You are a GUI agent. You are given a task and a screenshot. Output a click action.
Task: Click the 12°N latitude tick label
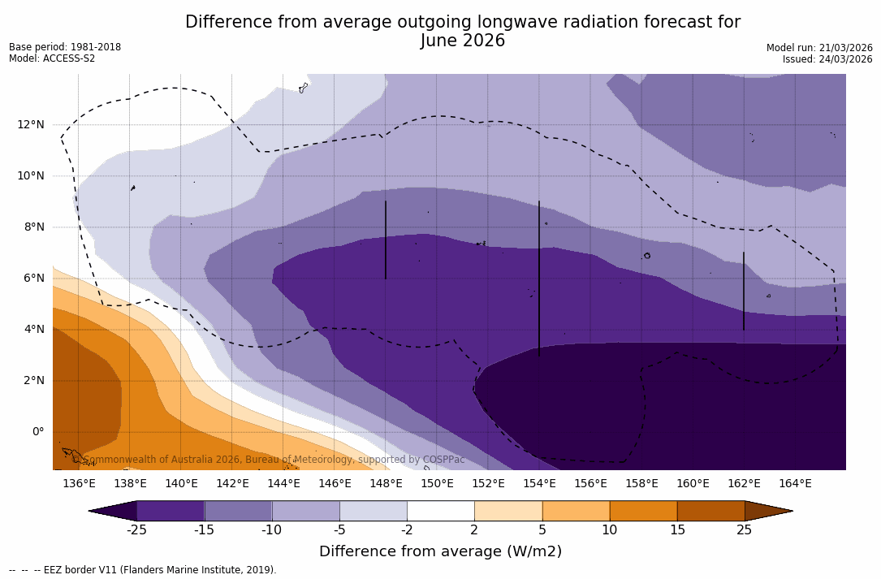29,125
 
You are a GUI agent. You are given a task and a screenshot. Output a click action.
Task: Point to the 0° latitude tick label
37,432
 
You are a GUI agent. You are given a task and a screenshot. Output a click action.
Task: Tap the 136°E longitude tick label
79,484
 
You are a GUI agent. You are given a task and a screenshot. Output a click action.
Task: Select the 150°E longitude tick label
437,484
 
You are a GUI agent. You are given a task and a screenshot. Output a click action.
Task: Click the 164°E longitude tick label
795,484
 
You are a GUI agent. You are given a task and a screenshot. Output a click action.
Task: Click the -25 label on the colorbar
136,530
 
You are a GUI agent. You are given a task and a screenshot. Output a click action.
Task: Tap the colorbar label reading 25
744,530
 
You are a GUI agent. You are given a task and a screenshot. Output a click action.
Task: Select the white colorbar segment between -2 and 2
440,511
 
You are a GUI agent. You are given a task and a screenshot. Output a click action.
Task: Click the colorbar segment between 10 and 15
643,511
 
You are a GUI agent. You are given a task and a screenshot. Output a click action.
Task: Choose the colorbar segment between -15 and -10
238,511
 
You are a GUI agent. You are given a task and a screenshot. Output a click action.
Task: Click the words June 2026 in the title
463,41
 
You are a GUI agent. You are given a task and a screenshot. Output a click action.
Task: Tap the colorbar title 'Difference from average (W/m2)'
440,552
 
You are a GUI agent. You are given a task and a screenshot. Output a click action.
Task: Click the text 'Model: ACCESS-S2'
52,58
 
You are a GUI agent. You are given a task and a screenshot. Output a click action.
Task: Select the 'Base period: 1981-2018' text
65,47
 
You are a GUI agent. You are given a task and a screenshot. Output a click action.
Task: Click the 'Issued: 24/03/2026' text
827,59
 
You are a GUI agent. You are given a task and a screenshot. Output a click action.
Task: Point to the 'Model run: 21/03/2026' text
819,48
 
